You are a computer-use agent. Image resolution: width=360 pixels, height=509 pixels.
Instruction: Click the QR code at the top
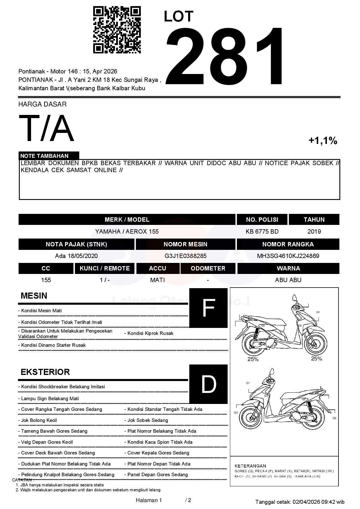tap(117, 30)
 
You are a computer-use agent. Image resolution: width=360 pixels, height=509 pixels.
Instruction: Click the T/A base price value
tap(46, 128)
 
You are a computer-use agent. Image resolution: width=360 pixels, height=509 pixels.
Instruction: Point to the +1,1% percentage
tap(323, 141)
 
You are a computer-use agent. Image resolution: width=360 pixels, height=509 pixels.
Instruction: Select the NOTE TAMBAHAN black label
tap(49, 156)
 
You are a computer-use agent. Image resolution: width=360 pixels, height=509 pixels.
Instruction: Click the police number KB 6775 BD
tap(262, 232)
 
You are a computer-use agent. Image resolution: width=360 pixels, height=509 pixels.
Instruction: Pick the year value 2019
tap(314, 232)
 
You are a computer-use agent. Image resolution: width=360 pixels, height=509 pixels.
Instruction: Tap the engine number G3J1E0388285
tap(185, 256)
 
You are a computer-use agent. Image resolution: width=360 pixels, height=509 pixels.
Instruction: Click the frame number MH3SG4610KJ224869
tap(288, 256)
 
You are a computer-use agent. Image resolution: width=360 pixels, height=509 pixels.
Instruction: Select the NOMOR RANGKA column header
tap(288, 244)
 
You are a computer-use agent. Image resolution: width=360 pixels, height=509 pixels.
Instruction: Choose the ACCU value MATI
tap(157, 280)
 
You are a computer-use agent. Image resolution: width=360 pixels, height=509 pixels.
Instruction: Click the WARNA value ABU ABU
tap(288, 280)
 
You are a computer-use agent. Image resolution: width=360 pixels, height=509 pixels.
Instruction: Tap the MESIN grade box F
tap(208, 308)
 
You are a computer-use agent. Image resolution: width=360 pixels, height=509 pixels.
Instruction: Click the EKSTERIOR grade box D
tap(208, 384)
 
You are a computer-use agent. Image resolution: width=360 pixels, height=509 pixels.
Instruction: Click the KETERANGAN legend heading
tap(250, 466)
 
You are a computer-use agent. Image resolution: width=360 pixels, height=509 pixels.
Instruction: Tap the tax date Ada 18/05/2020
tap(76, 256)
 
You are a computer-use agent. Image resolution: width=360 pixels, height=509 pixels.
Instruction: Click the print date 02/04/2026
tap(306, 502)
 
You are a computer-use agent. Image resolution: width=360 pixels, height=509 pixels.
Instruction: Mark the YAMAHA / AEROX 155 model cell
tap(127, 232)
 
